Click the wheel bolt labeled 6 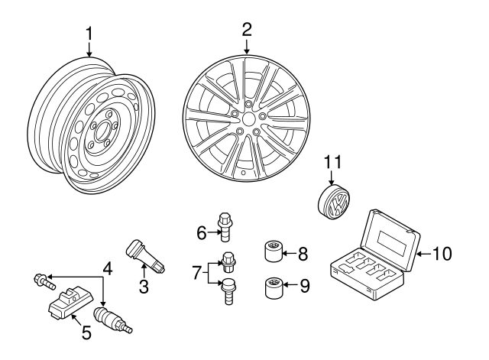225,223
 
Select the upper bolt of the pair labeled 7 227,261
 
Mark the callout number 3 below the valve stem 143,288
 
